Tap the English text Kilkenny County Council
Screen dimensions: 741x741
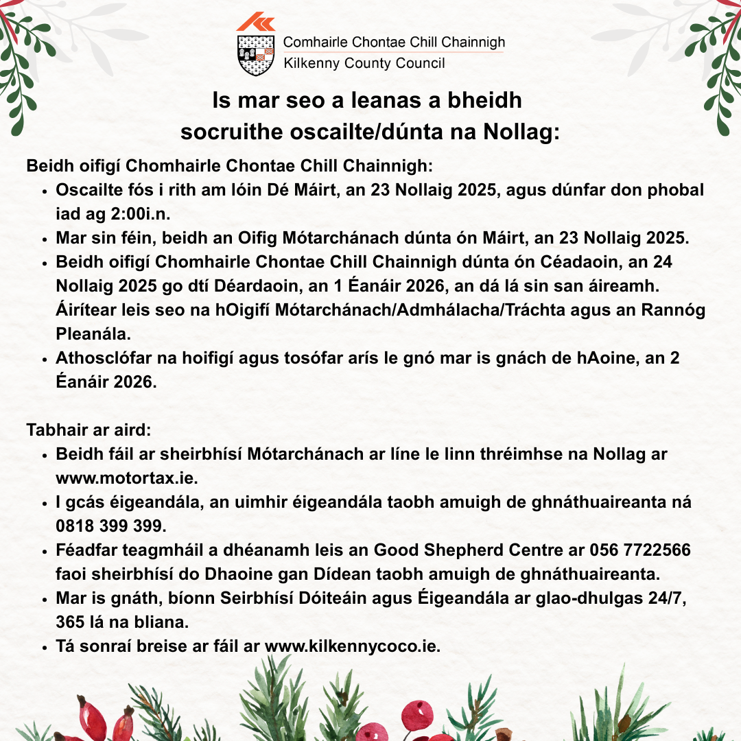pos(364,64)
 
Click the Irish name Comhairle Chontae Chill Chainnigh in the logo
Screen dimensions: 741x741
pos(393,43)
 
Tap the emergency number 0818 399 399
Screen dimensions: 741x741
pos(110,526)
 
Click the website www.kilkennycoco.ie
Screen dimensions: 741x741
pos(352,646)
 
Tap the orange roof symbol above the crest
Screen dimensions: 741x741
pos(255,23)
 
